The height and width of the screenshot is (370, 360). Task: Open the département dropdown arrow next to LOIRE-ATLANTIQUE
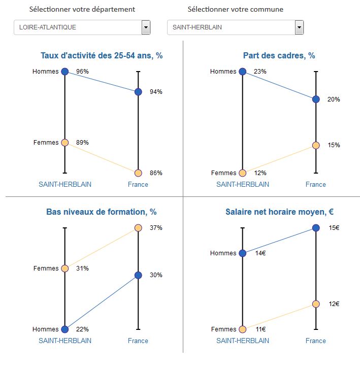tap(146, 27)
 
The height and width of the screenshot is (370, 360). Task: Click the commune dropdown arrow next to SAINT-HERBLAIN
tap(299, 27)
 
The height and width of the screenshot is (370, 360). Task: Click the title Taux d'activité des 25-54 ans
tap(102, 56)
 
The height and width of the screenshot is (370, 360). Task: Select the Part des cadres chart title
tap(279, 56)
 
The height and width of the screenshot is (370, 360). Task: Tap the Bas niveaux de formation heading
tap(102, 212)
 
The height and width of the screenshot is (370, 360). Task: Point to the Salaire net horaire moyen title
tap(279, 212)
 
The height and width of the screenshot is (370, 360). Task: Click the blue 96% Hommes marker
tap(64, 72)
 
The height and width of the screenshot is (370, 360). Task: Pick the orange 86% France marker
tap(138, 173)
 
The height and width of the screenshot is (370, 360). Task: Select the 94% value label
tap(156, 92)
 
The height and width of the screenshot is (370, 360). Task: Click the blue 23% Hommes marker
tap(242, 72)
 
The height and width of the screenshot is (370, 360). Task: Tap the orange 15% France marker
tap(316, 145)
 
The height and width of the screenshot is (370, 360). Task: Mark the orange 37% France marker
tap(138, 228)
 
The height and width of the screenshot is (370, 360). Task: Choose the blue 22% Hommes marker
tap(64, 329)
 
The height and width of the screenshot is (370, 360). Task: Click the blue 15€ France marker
tap(316, 228)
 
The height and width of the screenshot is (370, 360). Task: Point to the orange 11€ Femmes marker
tap(242, 329)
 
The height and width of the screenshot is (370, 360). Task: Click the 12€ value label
tap(334, 304)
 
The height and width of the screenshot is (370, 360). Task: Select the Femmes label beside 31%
tap(46, 268)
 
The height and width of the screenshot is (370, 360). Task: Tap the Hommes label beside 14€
tap(223, 253)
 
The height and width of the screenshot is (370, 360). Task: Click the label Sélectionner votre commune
tap(235, 10)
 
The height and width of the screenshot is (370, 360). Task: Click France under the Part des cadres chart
tap(316, 184)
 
